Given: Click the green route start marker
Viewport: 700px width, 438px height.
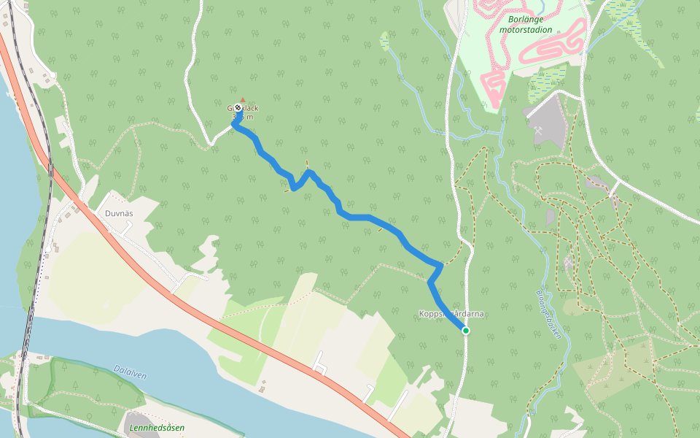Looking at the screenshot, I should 465,331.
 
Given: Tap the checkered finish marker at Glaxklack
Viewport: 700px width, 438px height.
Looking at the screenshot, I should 238,107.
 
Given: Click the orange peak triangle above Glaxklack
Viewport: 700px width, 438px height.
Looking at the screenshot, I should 243,99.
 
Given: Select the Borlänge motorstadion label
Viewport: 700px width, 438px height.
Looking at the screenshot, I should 525,25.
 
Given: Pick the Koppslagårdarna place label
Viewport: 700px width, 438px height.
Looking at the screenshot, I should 451,314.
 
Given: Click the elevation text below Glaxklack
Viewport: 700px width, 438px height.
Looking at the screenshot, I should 243,117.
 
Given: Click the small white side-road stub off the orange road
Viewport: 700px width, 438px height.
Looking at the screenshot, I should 319,363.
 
